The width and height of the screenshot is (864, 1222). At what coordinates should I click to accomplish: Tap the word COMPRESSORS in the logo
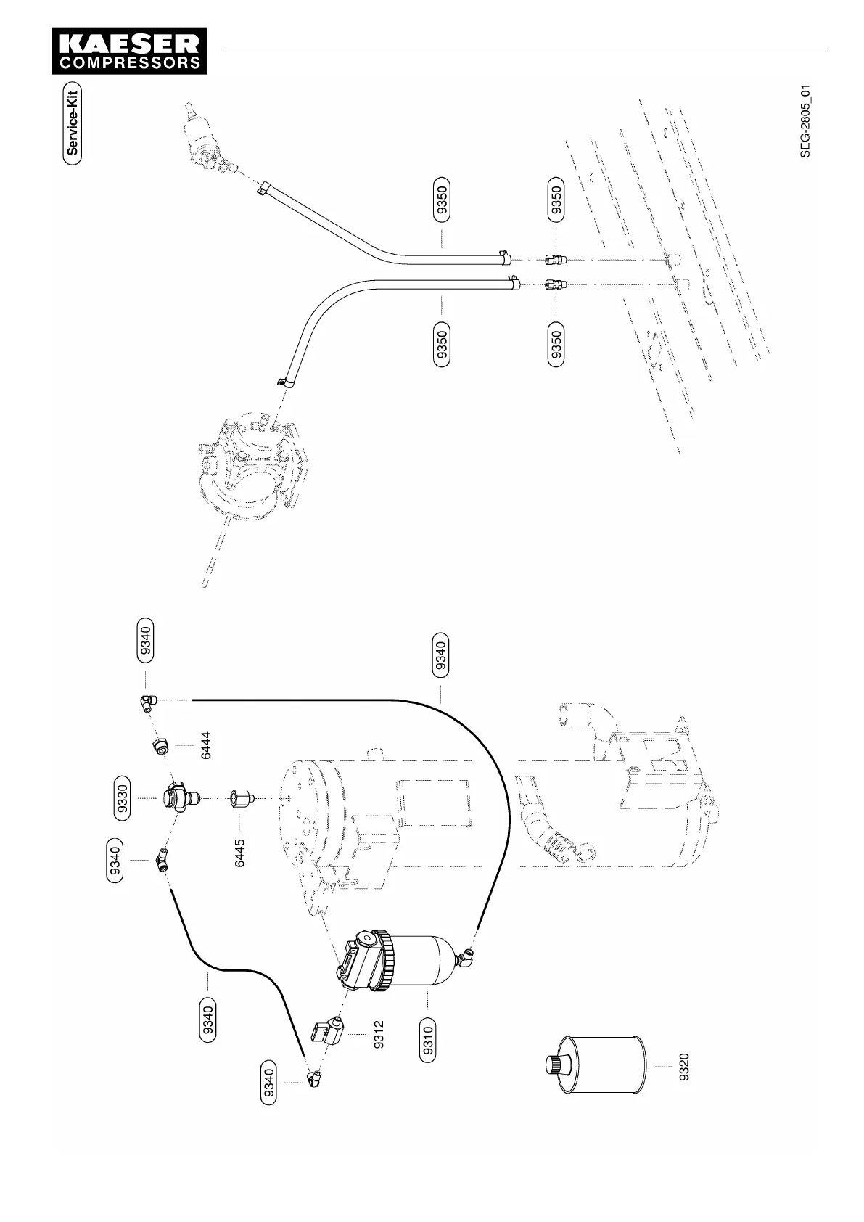pyautogui.click(x=129, y=63)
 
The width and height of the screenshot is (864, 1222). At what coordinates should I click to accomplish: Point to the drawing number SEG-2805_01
pyautogui.click(x=805, y=120)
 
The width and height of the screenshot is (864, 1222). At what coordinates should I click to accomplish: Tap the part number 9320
pyautogui.click(x=684, y=1066)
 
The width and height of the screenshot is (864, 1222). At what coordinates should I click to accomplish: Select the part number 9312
pyautogui.click(x=378, y=1034)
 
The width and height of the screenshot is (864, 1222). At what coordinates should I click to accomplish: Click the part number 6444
pyautogui.click(x=207, y=745)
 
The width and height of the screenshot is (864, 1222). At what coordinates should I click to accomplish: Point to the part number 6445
pyautogui.click(x=240, y=853)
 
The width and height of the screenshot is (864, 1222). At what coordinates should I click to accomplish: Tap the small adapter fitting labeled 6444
pyautogui.click(x=161, y=745)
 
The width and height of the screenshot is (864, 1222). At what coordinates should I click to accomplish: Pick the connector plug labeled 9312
pyautogui.click(x=329, y=1030)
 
